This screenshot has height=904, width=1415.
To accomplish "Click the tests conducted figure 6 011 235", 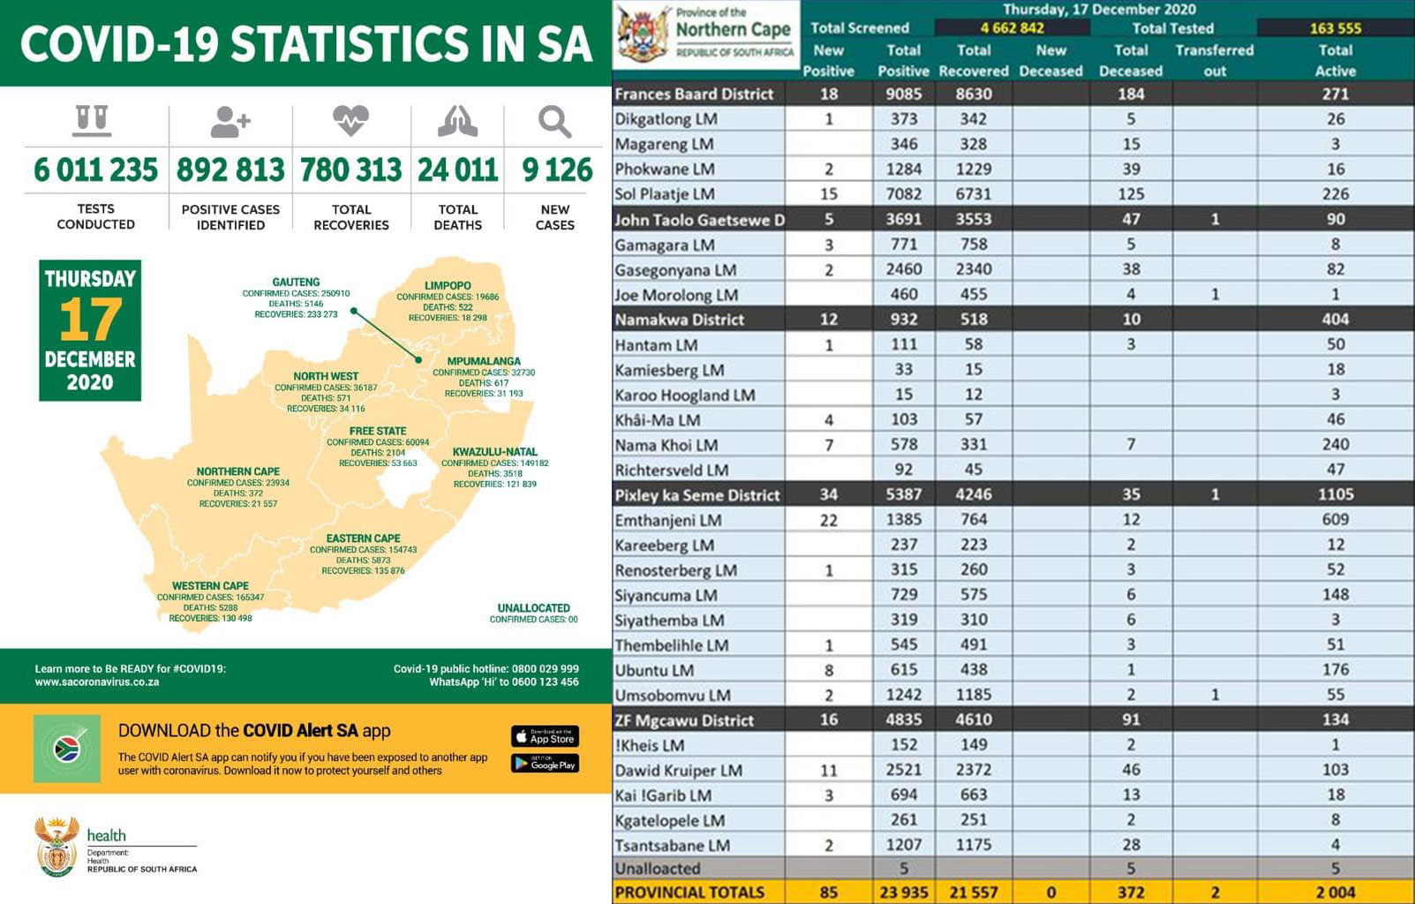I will coord(95,169).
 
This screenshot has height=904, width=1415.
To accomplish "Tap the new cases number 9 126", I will coord(556,169).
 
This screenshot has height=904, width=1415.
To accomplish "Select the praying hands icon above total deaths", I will coord(457,121).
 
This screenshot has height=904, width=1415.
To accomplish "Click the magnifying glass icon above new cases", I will coord(554,121).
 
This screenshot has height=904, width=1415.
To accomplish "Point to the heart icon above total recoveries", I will coord(350,119).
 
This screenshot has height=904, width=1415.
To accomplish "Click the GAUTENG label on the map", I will coord(296,282).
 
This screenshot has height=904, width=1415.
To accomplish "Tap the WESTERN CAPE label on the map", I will coord(210,585).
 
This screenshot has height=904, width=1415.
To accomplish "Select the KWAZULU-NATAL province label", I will coord(494,451).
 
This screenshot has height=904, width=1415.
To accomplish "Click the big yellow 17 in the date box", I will coord(90,320).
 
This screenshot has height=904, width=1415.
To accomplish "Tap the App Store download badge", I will coord(545,736).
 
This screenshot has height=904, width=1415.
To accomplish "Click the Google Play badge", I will coord(545,764).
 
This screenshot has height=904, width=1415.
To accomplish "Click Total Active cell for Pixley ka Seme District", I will coord(1335,494).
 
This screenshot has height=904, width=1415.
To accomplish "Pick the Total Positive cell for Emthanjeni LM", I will coord(903,519).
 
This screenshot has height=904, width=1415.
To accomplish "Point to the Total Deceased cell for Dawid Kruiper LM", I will coord(1131,770).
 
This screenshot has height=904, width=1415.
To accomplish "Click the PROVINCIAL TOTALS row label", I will coord(689,892).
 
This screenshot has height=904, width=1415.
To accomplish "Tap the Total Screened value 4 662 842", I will coord(1012,28).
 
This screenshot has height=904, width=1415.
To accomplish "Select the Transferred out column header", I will coord(1215,60).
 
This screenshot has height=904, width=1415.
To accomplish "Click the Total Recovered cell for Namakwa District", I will coord(974,320).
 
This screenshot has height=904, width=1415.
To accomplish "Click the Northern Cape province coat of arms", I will coord(644,34).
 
